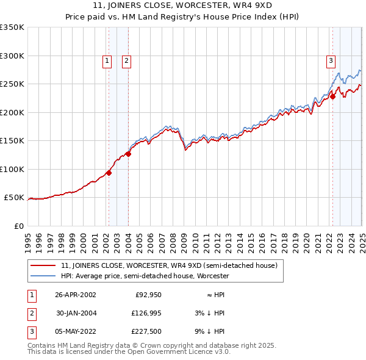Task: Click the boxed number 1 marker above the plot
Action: (x=107, y=60)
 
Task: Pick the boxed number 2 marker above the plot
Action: (x=126, y=60)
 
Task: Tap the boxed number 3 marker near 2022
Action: (x=331, y=60)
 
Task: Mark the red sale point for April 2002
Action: (x=109, y=173)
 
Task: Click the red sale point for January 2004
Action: (x=129, y=154)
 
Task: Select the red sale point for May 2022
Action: (x=332, y=96)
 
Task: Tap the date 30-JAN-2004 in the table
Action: (x=76, y=313)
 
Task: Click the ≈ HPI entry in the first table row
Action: (x=213, y=294)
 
